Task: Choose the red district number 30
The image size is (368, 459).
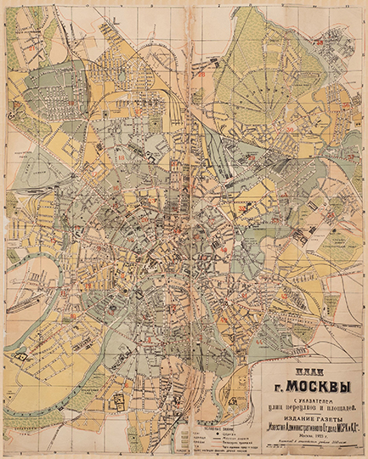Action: tap(290, 130)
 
